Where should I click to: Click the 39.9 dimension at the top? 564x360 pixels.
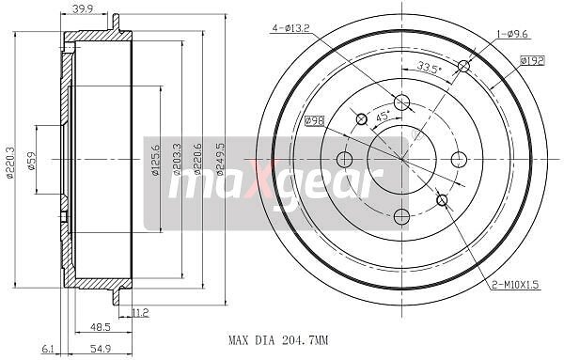tap(83, 9)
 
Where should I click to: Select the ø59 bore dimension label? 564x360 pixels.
tap(32, 161)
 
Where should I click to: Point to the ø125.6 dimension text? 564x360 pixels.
tap(155, 160)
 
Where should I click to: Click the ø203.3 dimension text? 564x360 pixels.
tap(177, 159)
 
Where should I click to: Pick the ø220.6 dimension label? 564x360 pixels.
tap(197, 159)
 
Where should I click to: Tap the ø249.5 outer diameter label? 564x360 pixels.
tap(220, 159)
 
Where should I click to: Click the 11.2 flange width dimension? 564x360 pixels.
tap(140, 312)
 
